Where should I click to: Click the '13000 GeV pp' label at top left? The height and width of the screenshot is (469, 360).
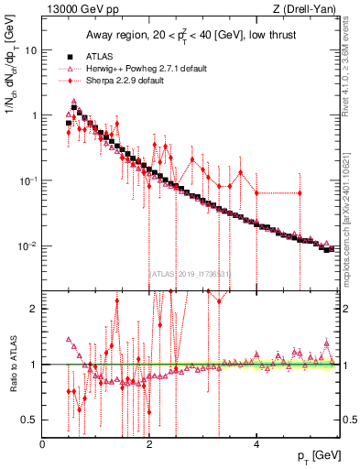click(76, 10)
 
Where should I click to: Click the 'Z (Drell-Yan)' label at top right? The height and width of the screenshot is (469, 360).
click(307, 10)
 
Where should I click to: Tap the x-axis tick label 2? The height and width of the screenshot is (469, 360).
click(149, 443)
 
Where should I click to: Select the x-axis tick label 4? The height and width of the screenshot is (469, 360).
click(256, 443)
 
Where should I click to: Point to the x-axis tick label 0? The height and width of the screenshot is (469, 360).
click(43, 443)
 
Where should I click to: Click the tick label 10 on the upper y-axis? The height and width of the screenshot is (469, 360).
click(30, 51)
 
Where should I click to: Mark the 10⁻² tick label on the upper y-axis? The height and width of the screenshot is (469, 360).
click(28, 245)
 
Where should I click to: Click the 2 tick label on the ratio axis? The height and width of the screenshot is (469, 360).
click(34, 309)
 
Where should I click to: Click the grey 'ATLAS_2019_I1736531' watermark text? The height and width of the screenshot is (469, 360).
click(190, 273)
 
